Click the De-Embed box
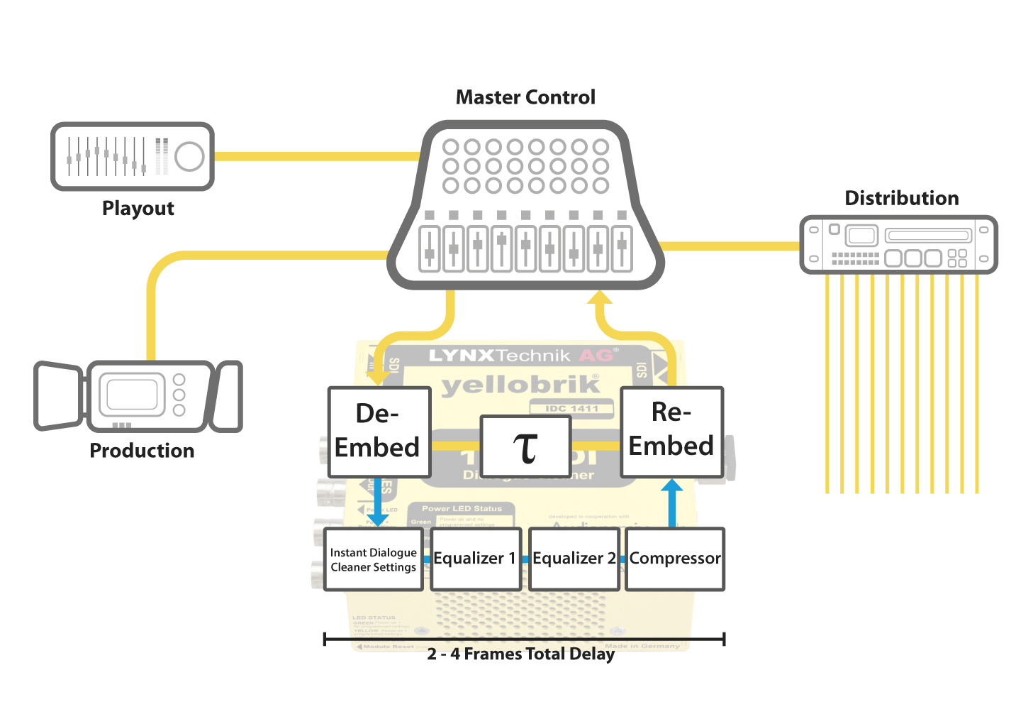379,432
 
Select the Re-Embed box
671,431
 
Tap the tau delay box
525,446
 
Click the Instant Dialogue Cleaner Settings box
374,559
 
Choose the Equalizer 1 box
475,559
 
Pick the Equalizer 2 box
574,559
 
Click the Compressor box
675,559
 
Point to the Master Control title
525,97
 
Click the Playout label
138,208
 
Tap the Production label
142,451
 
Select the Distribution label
901,198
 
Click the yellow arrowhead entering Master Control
600,298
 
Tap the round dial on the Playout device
189,156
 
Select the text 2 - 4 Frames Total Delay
520,654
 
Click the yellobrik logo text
520,385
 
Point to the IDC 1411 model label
571,408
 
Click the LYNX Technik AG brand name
523,355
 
